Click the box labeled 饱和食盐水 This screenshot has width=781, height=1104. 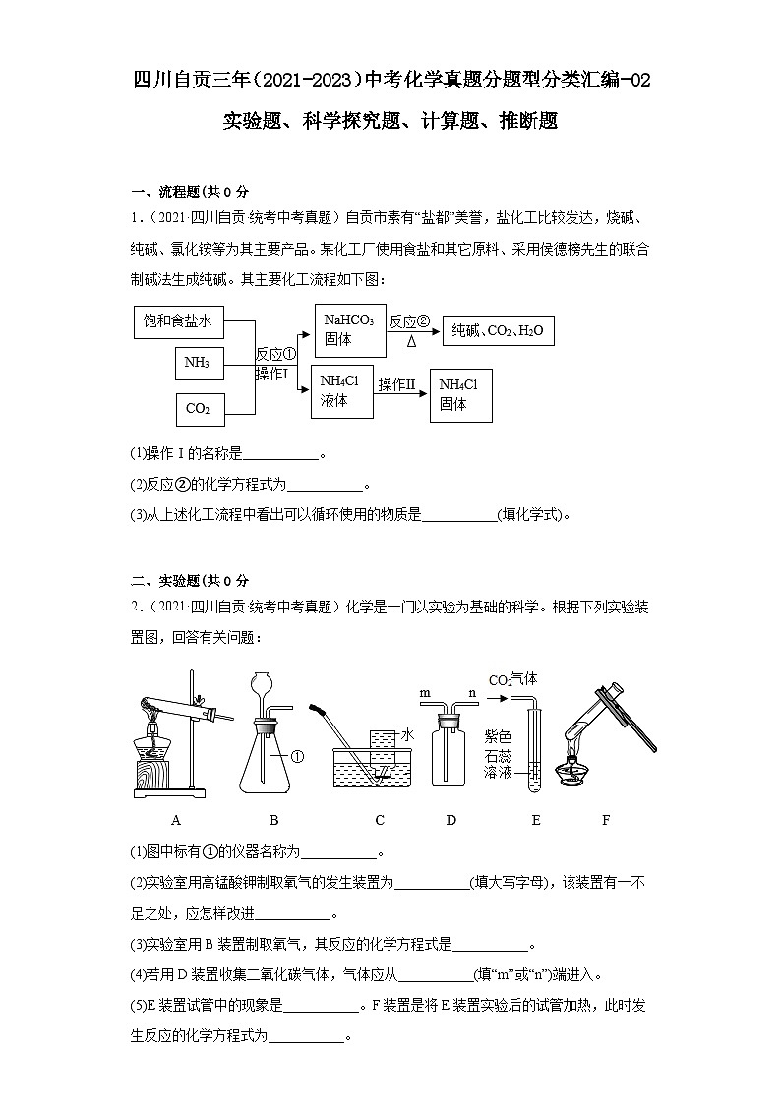click(x=179, y=320)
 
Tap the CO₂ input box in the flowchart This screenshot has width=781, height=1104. click(x=200, y=408)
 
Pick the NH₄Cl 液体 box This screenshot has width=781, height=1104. click(x=341, y=391)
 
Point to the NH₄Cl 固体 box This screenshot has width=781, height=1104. click(x=460, y=394)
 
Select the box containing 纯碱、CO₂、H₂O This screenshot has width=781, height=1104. click(x=497, y=332)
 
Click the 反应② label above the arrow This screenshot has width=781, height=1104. click(x=410, y=321)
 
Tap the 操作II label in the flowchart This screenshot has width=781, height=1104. click(x=398, y=384)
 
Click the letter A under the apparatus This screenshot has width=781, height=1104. click(x=176, y=820)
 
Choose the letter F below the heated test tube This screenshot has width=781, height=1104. click(x=606, y=820)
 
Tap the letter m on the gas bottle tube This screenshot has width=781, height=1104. click(x=426, y=693)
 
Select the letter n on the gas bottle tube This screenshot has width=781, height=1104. click(x=471, y=693)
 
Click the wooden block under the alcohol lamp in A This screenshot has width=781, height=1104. click(x=156, y=774)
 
